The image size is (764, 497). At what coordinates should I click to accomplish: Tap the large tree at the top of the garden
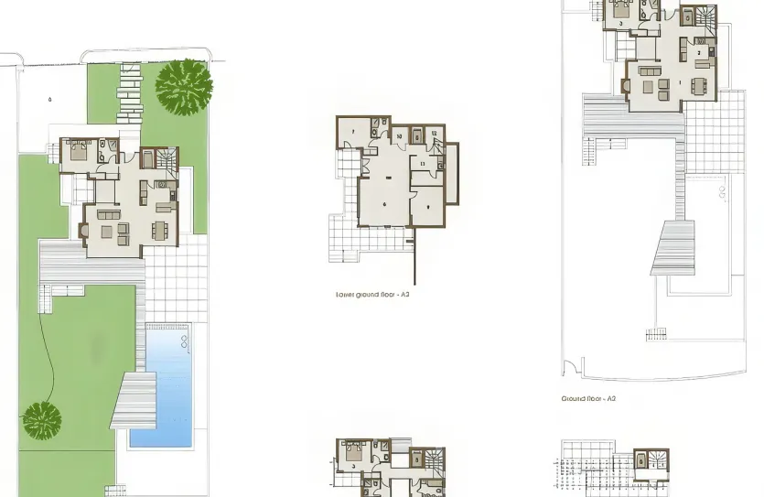coord(184,84)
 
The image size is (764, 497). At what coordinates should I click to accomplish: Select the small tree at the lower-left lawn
coord(41,419)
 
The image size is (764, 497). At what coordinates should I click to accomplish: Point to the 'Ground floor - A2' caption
coord(589,399)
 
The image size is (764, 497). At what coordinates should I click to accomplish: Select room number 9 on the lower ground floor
coord(427,208)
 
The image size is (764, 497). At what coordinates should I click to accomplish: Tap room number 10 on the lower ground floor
coord(400,135)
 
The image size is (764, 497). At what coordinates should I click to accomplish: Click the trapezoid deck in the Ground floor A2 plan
coord(673,248)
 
